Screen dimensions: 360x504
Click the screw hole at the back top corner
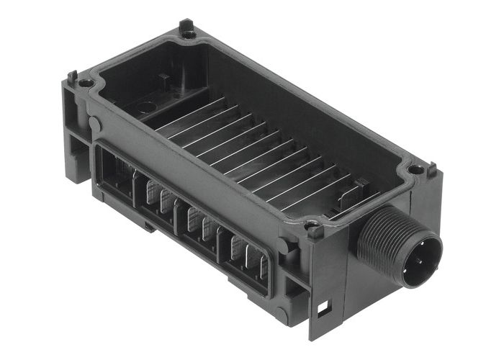point(189,34)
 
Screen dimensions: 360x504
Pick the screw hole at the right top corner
point(416,170)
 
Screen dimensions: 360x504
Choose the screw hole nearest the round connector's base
point(314,232)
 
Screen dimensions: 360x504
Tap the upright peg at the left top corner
point(73,75)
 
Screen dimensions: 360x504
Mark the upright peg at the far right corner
point(432,170)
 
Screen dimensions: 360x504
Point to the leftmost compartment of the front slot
point(116,173)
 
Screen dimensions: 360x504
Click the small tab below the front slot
point(148,225)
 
